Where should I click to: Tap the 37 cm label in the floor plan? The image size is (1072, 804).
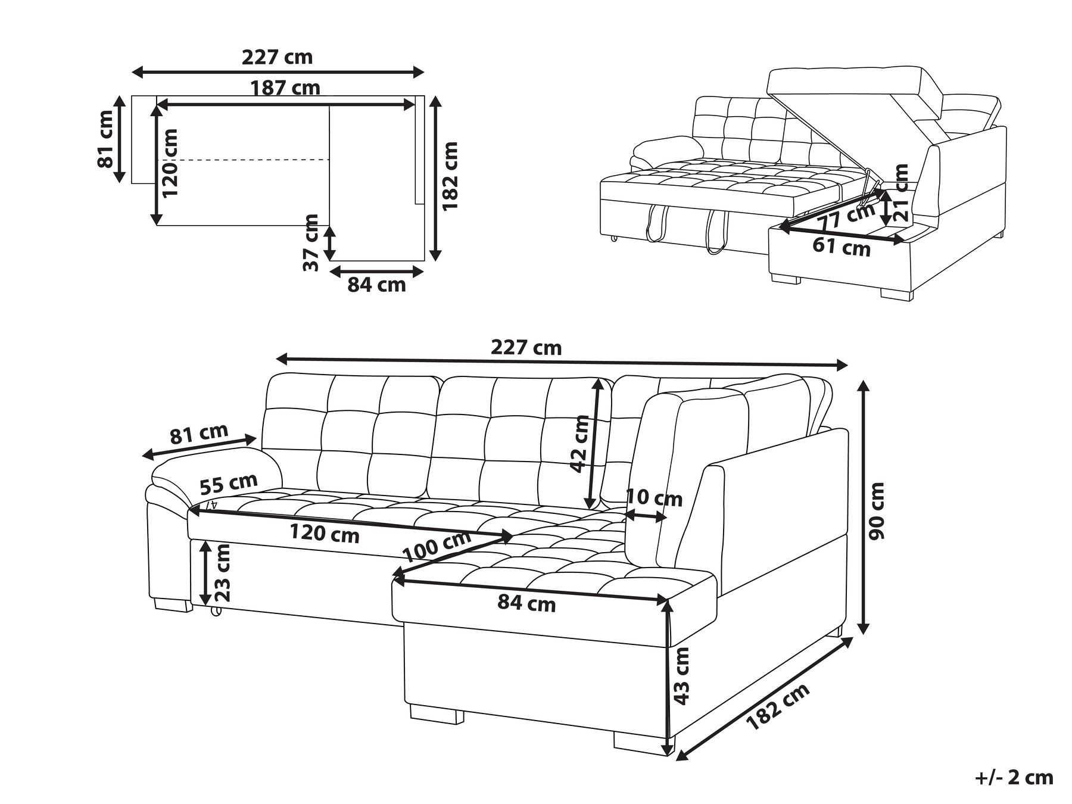point(310,243)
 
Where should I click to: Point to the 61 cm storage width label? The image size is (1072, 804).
point(842,247)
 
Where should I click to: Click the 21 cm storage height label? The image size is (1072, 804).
point(902,193)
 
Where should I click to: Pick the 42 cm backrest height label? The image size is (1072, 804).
point(580,444)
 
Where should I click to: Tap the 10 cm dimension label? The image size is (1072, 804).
point(654,497)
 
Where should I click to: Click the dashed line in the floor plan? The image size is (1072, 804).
point(243,160)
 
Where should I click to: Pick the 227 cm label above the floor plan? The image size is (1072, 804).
point(277,57)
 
